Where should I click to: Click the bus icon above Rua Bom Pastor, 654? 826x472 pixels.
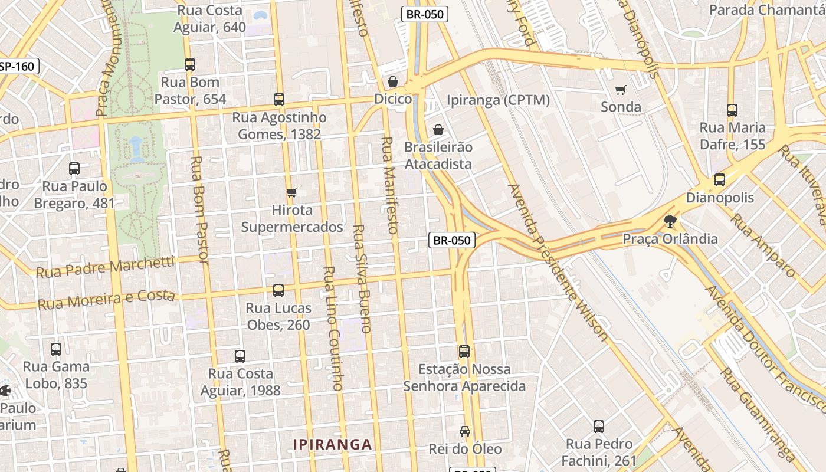190,65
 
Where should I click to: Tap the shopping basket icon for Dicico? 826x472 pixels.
393,81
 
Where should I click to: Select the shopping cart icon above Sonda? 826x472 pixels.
620,90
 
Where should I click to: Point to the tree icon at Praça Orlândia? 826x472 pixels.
670,221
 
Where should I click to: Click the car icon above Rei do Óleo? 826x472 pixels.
465,431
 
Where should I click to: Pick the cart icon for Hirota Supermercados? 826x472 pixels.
291,192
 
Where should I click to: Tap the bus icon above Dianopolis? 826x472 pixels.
720,180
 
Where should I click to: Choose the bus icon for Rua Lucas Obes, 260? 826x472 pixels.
278,290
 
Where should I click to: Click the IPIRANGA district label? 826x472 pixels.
333,445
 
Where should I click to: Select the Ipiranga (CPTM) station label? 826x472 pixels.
499,100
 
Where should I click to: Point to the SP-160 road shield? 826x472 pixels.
18,66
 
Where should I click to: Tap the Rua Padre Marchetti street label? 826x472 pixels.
106,267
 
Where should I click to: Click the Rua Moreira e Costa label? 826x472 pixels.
107,300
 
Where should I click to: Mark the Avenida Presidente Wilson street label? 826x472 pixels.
557,263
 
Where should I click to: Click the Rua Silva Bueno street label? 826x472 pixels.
362,278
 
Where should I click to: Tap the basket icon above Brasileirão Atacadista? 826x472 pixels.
438,130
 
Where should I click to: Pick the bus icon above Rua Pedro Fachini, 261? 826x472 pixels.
599,426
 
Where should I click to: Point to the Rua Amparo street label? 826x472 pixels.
763,244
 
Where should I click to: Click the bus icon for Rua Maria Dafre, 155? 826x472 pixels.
732,110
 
